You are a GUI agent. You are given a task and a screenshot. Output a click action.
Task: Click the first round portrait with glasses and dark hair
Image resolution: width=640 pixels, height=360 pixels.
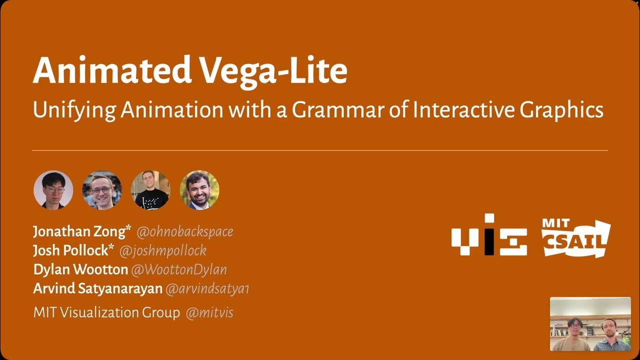53,190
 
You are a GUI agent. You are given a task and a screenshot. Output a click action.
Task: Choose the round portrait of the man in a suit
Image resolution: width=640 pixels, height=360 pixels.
199,190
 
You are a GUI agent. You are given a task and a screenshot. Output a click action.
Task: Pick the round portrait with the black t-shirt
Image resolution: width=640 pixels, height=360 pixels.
150,190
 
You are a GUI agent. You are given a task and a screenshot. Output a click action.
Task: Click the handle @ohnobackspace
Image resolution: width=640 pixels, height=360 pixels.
184,232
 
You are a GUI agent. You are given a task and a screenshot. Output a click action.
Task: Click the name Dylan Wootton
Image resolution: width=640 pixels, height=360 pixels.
80,269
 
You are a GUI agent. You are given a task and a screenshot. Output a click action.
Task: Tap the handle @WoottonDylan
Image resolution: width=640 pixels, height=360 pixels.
179,270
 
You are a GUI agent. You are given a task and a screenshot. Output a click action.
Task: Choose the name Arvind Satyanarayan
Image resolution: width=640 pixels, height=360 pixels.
97,288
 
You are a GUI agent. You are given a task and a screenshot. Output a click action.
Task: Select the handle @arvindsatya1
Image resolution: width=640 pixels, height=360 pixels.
207,289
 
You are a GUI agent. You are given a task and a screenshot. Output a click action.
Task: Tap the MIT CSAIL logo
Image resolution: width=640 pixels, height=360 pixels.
575,237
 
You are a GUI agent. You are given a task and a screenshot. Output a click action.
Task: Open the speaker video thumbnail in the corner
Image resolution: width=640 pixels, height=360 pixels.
590,324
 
